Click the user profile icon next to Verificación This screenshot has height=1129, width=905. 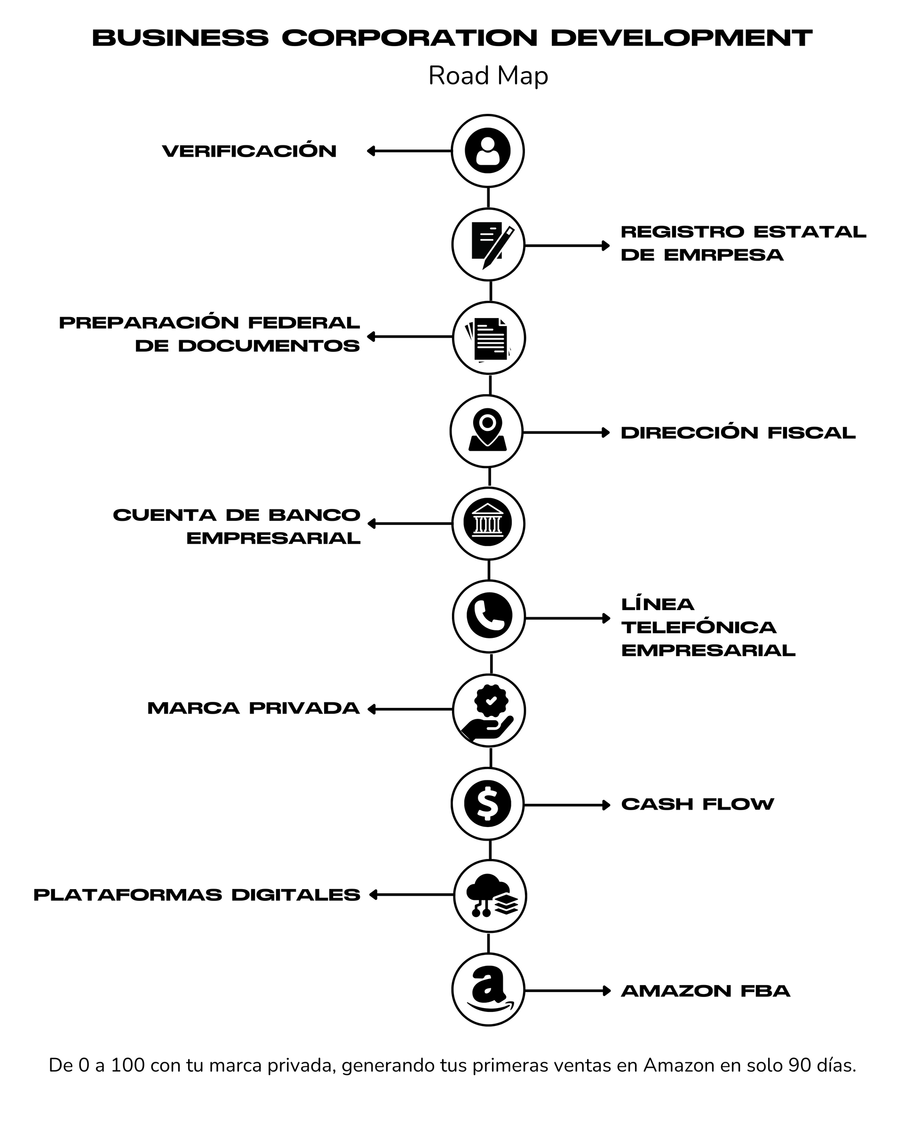488,151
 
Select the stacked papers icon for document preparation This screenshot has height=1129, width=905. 488,339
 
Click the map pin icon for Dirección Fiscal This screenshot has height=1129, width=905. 488,430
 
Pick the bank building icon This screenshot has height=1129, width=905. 488,522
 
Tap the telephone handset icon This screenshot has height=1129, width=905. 489,615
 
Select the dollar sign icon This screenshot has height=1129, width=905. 488,804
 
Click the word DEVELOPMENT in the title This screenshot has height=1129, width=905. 682,38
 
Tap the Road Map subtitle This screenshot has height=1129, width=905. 488,75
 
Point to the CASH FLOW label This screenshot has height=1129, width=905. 698,804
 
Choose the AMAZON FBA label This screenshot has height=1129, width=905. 706,991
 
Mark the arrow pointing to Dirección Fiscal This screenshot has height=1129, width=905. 567,432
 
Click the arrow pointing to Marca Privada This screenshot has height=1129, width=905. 410,709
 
